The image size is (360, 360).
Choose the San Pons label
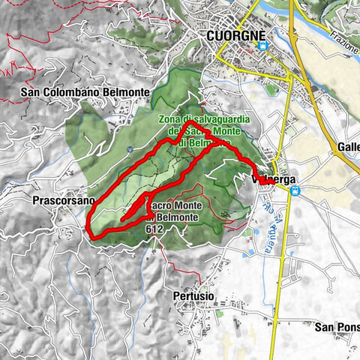point(337,327)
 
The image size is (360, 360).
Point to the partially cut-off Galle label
point(348,147)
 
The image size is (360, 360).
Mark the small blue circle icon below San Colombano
point(130,148)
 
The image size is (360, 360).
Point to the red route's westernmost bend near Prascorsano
point(88,224)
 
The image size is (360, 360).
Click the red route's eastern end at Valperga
point(280,182)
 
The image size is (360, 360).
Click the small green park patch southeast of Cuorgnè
point(271,90)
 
